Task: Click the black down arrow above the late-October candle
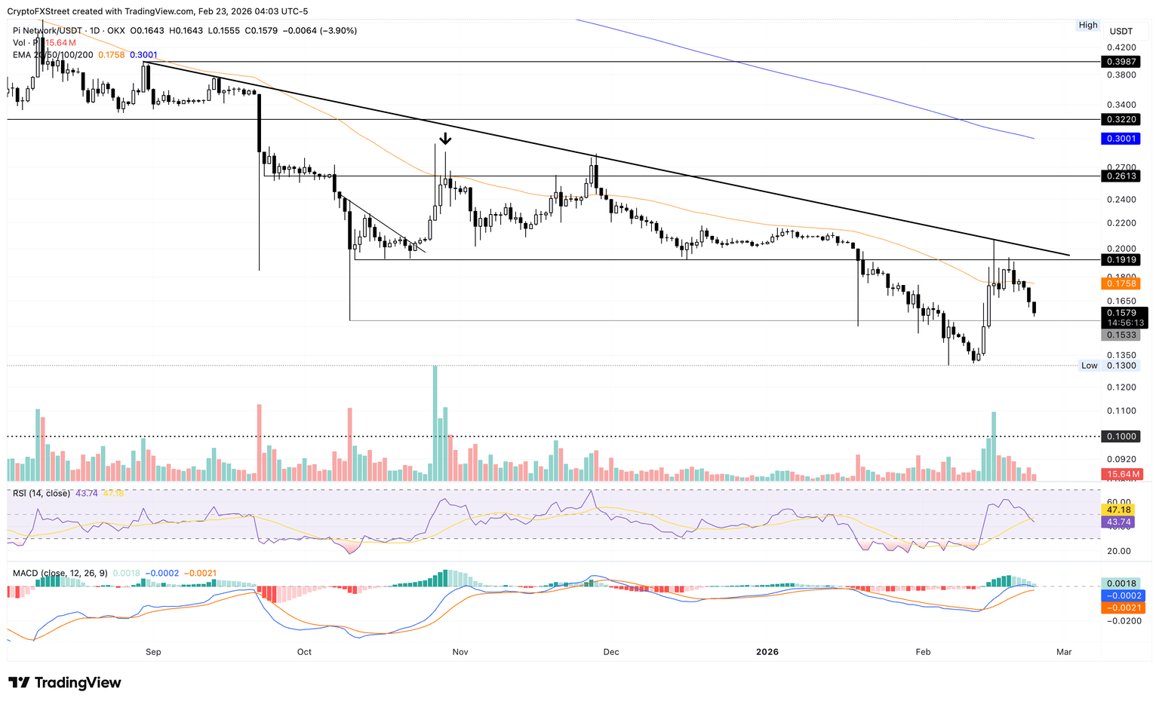point(445,139)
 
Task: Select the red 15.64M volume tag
point(1123,474)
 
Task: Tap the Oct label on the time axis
point(304,652)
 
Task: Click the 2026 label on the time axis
point(767,652)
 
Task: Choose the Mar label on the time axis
point(1064,652)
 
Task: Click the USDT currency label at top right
point(1121,31)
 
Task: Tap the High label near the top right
point(1088,25)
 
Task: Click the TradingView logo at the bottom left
point(65,683)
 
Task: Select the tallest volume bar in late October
point(435,423)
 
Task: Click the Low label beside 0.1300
point(1089,366)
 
